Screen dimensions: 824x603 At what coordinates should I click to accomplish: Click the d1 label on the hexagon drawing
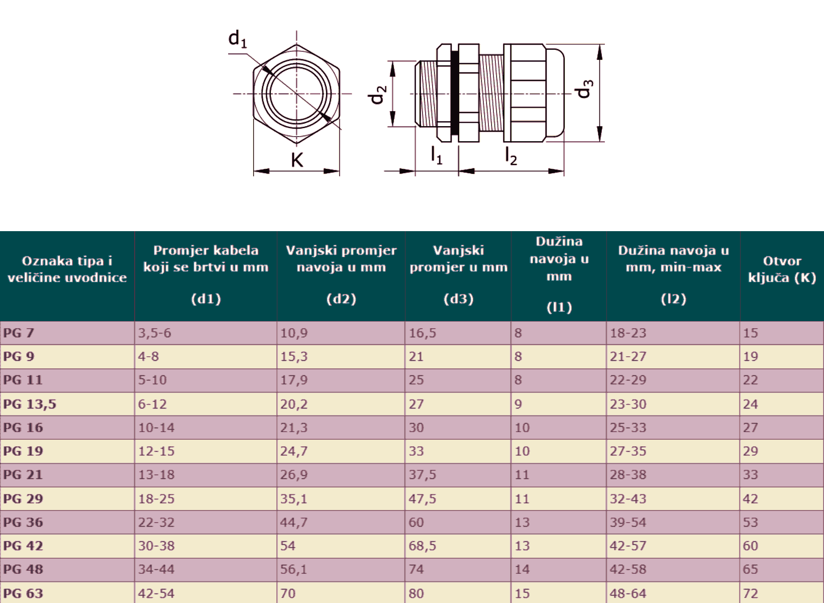237,39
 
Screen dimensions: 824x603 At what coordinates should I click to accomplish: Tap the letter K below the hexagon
297,160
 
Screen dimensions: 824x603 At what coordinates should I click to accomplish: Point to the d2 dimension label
377,94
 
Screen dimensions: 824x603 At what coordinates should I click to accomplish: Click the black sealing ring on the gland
455,93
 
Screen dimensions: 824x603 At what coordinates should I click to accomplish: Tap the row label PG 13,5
30,404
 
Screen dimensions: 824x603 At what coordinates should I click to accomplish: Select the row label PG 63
23,593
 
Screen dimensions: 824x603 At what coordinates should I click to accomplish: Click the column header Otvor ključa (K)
782,269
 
